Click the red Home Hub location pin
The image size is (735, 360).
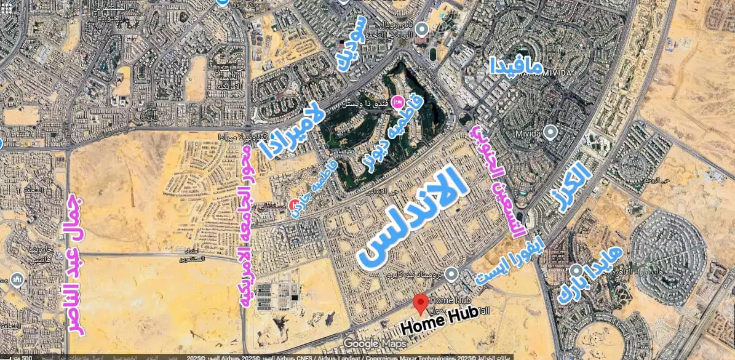coord(421,303)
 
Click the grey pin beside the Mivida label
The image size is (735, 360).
coord(551,132)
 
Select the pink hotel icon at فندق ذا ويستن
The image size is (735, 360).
coord(397,102)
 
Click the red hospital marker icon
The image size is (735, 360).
coord(295,204)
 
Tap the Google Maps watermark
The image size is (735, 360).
coord(374,343)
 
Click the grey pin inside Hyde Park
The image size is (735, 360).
coord(576,271)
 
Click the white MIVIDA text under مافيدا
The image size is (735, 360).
coord(554,73)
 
